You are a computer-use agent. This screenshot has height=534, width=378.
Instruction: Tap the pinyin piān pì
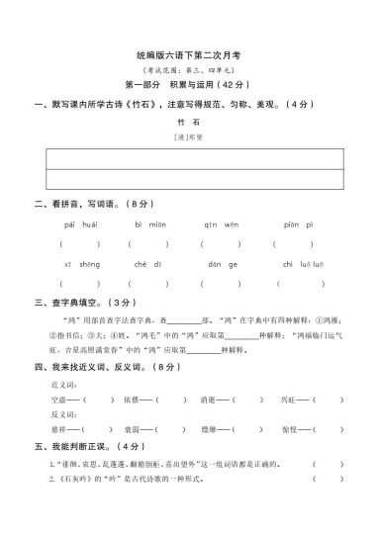(297, 225)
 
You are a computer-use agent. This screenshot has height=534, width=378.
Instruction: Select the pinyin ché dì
(144, 265)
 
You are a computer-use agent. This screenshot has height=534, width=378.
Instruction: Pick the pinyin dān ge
(222, 265)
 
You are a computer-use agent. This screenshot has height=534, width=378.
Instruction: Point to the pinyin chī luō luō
(297, 265)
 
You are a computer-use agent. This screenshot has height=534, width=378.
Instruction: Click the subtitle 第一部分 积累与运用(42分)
(187, 86)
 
